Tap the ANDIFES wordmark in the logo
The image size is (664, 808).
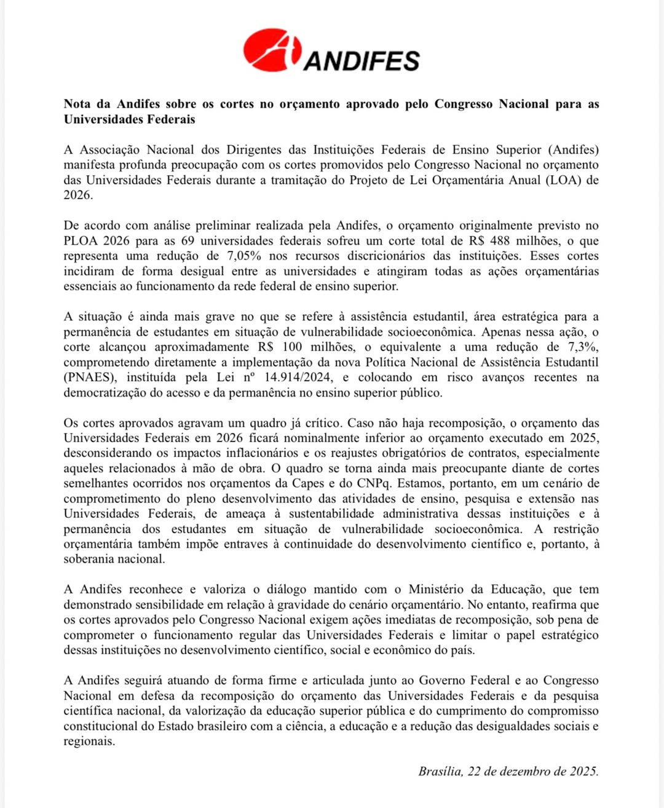(x=362, y=60)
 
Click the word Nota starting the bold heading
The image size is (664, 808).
(x=78, y=104)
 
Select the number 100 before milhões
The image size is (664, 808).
(x=292, y=347)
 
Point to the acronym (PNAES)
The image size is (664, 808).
(x=89, y=378)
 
